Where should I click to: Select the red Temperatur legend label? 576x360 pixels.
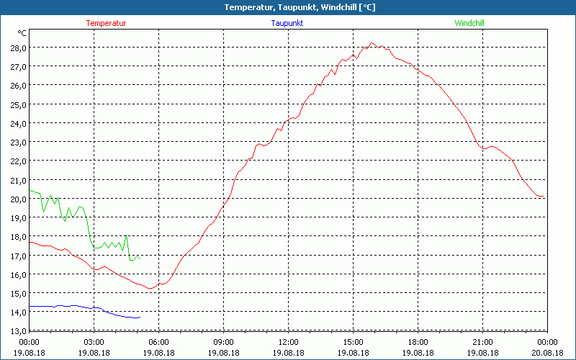click(x=106, y=23)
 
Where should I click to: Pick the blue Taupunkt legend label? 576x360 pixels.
click(x=287, y=23)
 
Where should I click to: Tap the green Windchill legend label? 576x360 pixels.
click(x=469, y=23)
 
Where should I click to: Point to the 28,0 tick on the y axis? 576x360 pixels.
click(x=18, y=48)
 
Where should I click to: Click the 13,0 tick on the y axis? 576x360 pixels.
click(x=18, y=330)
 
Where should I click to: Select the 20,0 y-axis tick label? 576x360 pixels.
click(x=18, y=199)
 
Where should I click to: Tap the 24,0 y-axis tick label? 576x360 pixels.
click(x=18, y=123)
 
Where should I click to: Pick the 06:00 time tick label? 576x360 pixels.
click(x=158, y=342)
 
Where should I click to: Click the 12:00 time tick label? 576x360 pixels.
click(x=288, y=342)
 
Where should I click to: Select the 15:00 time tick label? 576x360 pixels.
click(x=353, y=342)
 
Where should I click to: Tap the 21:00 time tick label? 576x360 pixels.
click(x=482, y=342)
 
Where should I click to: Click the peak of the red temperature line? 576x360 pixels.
click(x=372, y=43)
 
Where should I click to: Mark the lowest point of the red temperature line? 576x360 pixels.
click(x=150, y=289)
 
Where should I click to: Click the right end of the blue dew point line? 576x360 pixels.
click(x=139, y=318)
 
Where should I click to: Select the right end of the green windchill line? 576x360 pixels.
click(x=138, y=256)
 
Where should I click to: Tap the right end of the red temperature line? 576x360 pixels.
click(x=544, y=197)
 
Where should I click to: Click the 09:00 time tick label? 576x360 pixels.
click(x=223, y=342)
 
